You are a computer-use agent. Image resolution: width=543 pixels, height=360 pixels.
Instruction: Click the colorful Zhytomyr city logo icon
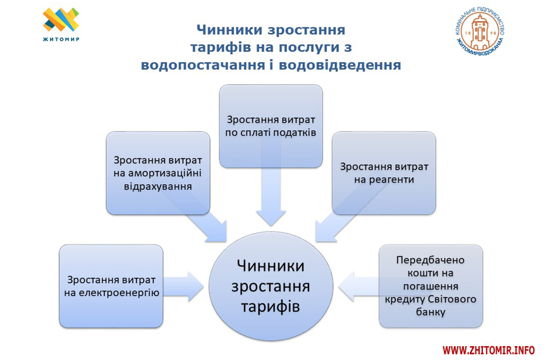click(61, 20)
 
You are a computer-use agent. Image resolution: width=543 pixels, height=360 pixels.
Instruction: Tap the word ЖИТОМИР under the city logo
click(61, 39)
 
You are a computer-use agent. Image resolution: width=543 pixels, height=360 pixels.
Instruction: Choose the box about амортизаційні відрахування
click(157, 173)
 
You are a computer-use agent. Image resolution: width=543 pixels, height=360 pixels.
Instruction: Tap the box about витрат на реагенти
click(384, 172)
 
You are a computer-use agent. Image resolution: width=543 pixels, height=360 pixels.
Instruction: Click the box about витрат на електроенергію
click(111, 285)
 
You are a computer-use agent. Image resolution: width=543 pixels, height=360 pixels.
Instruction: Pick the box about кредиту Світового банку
click(430, 285)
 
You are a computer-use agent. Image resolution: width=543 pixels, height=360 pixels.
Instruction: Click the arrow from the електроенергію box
click(185, 285)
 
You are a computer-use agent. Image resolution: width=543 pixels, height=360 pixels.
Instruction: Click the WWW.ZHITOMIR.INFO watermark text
click(488, 350)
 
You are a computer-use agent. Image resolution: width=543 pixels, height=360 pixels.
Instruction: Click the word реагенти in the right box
click(385, 180)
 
